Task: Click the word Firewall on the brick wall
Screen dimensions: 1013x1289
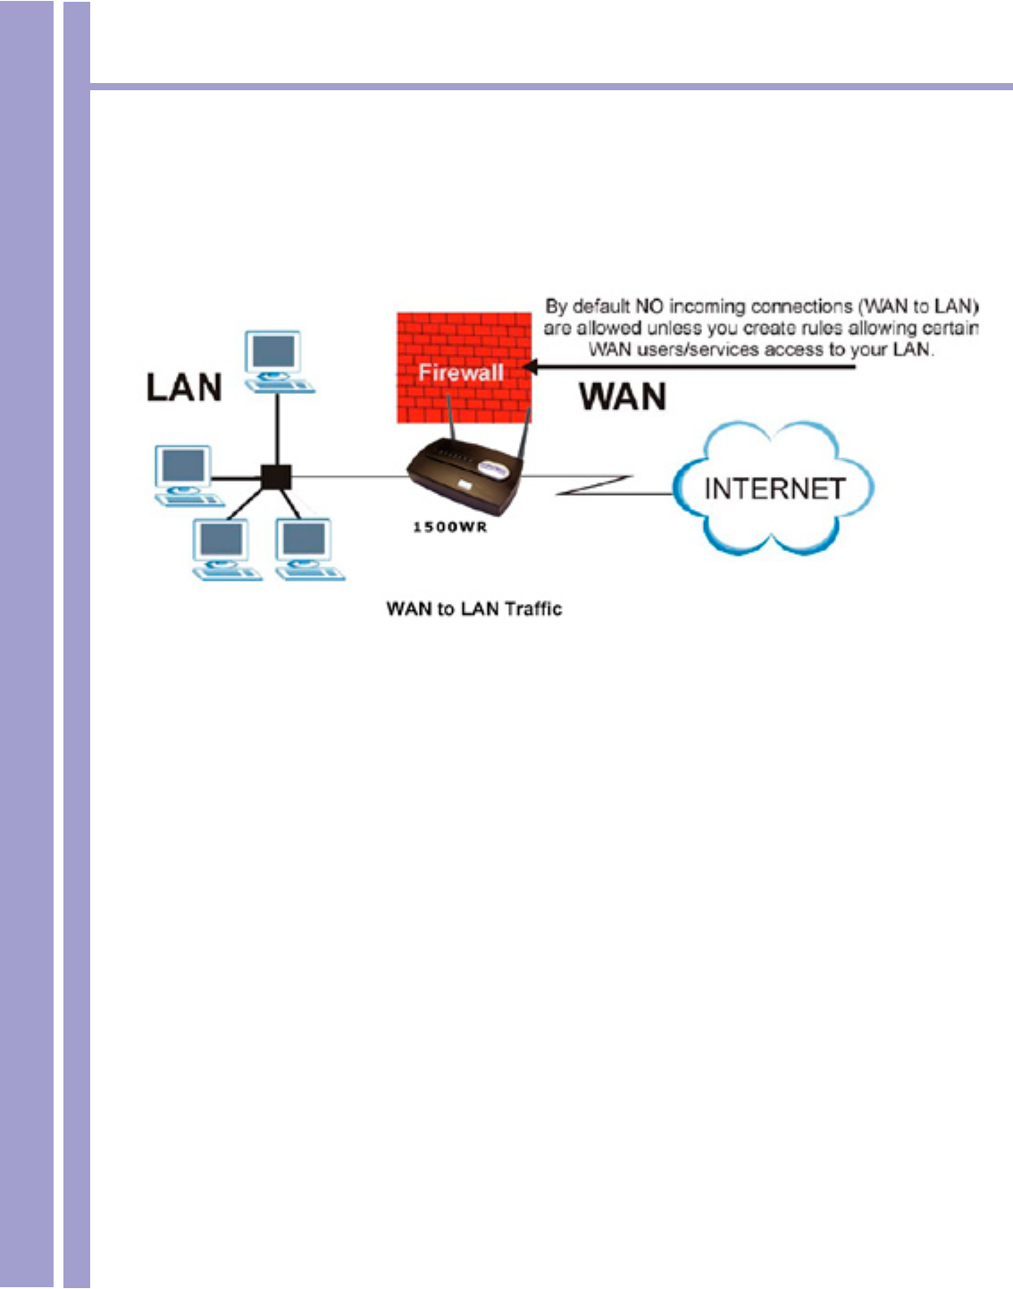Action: [x=461, y=372]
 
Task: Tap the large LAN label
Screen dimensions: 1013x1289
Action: [x=184, y=388]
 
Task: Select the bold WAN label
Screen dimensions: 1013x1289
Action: [x=623, y=397]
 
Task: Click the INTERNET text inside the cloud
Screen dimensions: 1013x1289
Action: [x=774, y=489]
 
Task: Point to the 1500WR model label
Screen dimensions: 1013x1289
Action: [x=449, y=527]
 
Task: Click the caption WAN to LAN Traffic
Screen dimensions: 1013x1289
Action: [x=473, y=609]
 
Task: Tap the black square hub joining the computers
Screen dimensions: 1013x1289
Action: [x=276, y=477]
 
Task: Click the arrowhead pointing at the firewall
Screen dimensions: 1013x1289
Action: [x=530, y=366]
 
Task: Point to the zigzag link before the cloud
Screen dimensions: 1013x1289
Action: [x=594, y=486]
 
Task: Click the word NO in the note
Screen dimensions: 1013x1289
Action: [x=649, y=306]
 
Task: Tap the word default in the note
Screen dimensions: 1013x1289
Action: [x=601, y=306]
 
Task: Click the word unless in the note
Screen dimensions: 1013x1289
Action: [x=674, y=328]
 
